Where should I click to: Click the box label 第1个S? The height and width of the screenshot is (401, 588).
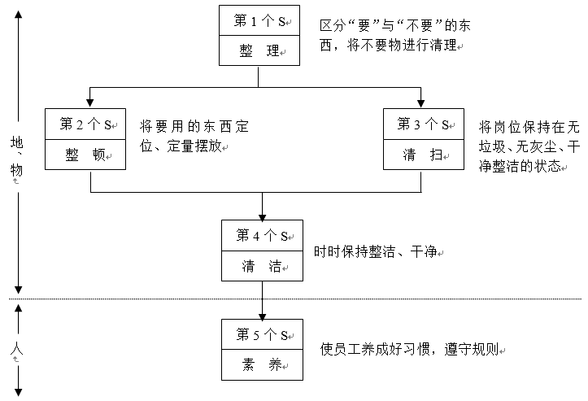[259, 21]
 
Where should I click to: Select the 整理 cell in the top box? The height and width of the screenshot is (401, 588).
[259, 50]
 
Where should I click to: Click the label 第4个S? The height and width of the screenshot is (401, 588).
[262, 236]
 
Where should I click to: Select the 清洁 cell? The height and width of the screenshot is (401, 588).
[262, 265]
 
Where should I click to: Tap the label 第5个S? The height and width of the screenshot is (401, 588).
[262, 334]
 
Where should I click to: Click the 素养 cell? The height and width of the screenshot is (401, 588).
[262, 364]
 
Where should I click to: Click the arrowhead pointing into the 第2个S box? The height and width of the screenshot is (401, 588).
[89, 103]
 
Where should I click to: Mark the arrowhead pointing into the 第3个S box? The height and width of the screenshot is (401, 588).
[421, 103]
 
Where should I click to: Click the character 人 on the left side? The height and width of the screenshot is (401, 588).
[17, 351]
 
